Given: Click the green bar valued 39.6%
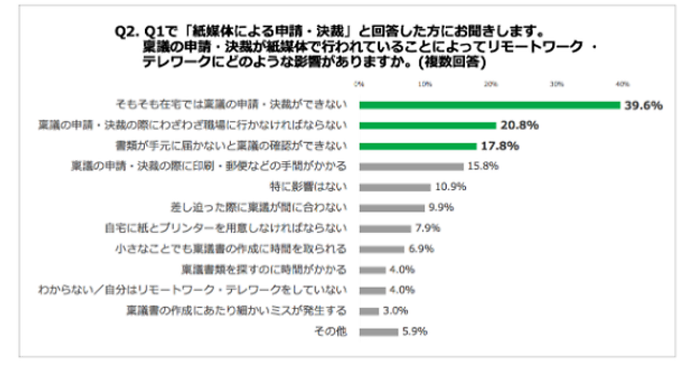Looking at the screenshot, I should tap(490, 105).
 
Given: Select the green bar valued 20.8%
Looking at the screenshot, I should tap(427, 125).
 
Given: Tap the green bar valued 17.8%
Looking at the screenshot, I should tap(418, 146).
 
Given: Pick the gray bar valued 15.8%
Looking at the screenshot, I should tap(411, 167).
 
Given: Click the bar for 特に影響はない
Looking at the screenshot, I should tap(395, 187).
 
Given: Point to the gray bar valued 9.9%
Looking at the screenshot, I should tap(392, 207).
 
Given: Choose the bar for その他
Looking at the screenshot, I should tap(379, 332).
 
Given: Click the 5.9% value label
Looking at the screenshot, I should tap(415, 332).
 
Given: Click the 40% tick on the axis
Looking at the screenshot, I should tap(623, 85).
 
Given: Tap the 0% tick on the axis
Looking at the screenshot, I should tap(360, 85).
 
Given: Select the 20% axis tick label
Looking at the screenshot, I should tap(491, 85).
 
